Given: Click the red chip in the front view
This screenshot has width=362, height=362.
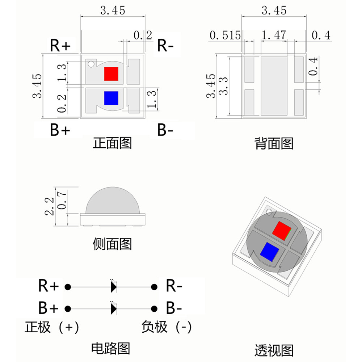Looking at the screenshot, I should pos(111,73).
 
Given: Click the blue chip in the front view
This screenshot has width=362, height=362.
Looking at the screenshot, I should pos(111,98).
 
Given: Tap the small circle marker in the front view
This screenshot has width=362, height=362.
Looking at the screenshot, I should pos(91,64).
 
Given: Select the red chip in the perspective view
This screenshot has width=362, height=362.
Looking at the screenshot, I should pos(282,230).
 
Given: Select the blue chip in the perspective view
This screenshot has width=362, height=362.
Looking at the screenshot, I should pos(269,251).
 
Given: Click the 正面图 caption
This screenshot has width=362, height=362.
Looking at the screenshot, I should pos(112,143).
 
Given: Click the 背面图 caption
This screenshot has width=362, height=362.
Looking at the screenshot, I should pos(274,144).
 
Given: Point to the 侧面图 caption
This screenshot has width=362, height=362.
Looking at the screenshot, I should pos(112,244).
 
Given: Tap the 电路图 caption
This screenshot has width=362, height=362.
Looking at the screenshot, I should pos(110,349).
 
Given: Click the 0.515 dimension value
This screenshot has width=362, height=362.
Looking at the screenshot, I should pos(225,35).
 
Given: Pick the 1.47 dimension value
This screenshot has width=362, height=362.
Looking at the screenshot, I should pos(274,35).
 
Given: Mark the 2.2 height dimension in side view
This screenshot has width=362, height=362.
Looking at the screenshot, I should pos(50,206).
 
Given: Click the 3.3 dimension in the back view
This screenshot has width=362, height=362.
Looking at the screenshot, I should pos(225,86).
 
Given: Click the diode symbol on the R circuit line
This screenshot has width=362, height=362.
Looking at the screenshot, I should pos(114,287).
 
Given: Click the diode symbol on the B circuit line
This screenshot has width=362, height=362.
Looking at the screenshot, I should pos(114,308).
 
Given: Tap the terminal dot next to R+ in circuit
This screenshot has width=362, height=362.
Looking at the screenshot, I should pos(67,287).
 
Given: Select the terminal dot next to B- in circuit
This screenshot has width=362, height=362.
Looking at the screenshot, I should pos(154,308).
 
